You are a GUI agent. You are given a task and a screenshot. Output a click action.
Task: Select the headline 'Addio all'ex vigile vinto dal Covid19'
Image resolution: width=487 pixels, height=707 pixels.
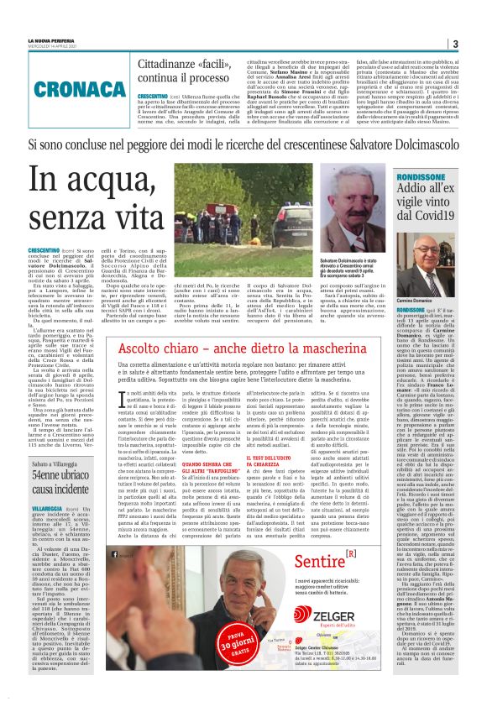click(437, 205)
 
